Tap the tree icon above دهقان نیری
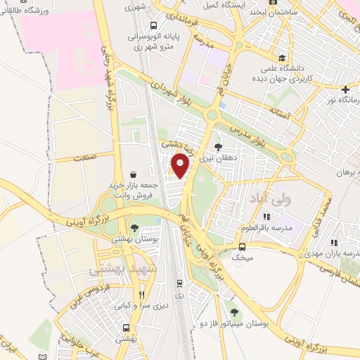click(219, 147)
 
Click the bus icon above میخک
click(243, 247)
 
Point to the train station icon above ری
click(180, 283)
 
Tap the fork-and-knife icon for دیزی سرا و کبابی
click(142, 295)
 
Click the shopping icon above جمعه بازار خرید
click(134, 174)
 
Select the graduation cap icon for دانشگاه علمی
click(282, 58)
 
